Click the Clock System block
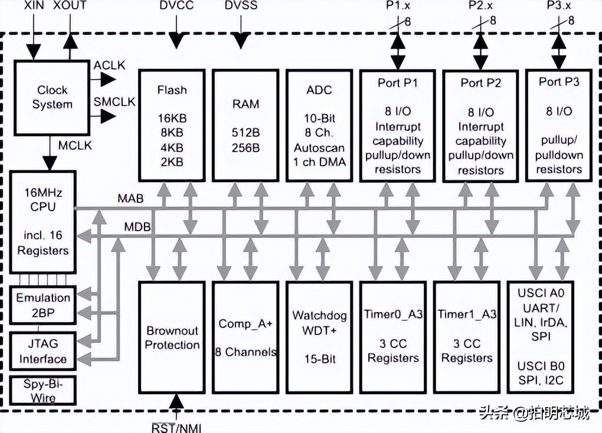coord(51,97)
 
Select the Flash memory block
coord(172,125)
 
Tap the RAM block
coord(246,125)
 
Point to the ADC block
coord(319,125)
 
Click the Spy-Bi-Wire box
coord(43,391)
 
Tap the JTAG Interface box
coord(43,350)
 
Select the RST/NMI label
coord(176,427)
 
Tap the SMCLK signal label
coord(114,101)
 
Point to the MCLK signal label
coord(76,145)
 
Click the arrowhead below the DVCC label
coord(176,41)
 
